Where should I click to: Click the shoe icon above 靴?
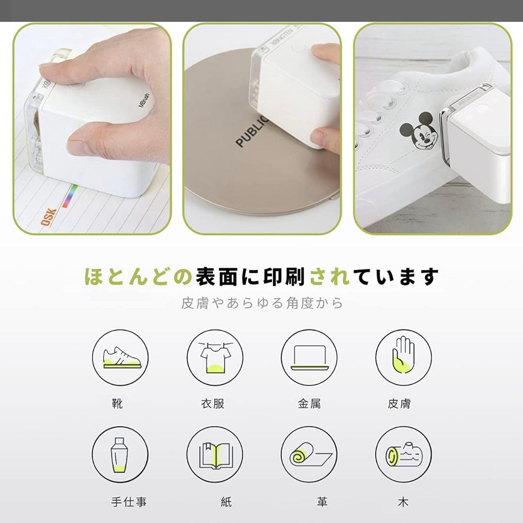coord(120,357)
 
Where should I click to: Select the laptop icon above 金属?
coord(309,357)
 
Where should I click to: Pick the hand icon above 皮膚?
coord(403,357)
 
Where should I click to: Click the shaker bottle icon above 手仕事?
coord(120,454)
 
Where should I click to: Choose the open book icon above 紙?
coord(215,454)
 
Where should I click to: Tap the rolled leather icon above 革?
coord(309,454)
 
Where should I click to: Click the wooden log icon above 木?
coord(403,454)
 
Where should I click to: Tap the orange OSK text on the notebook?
coord(48,217)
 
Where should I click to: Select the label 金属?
coord(309,403)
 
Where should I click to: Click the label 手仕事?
coord(128,502)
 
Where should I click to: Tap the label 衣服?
coord(213,403)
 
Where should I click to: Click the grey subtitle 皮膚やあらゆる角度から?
coord(262,303)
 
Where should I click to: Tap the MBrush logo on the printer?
coord(143,99)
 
